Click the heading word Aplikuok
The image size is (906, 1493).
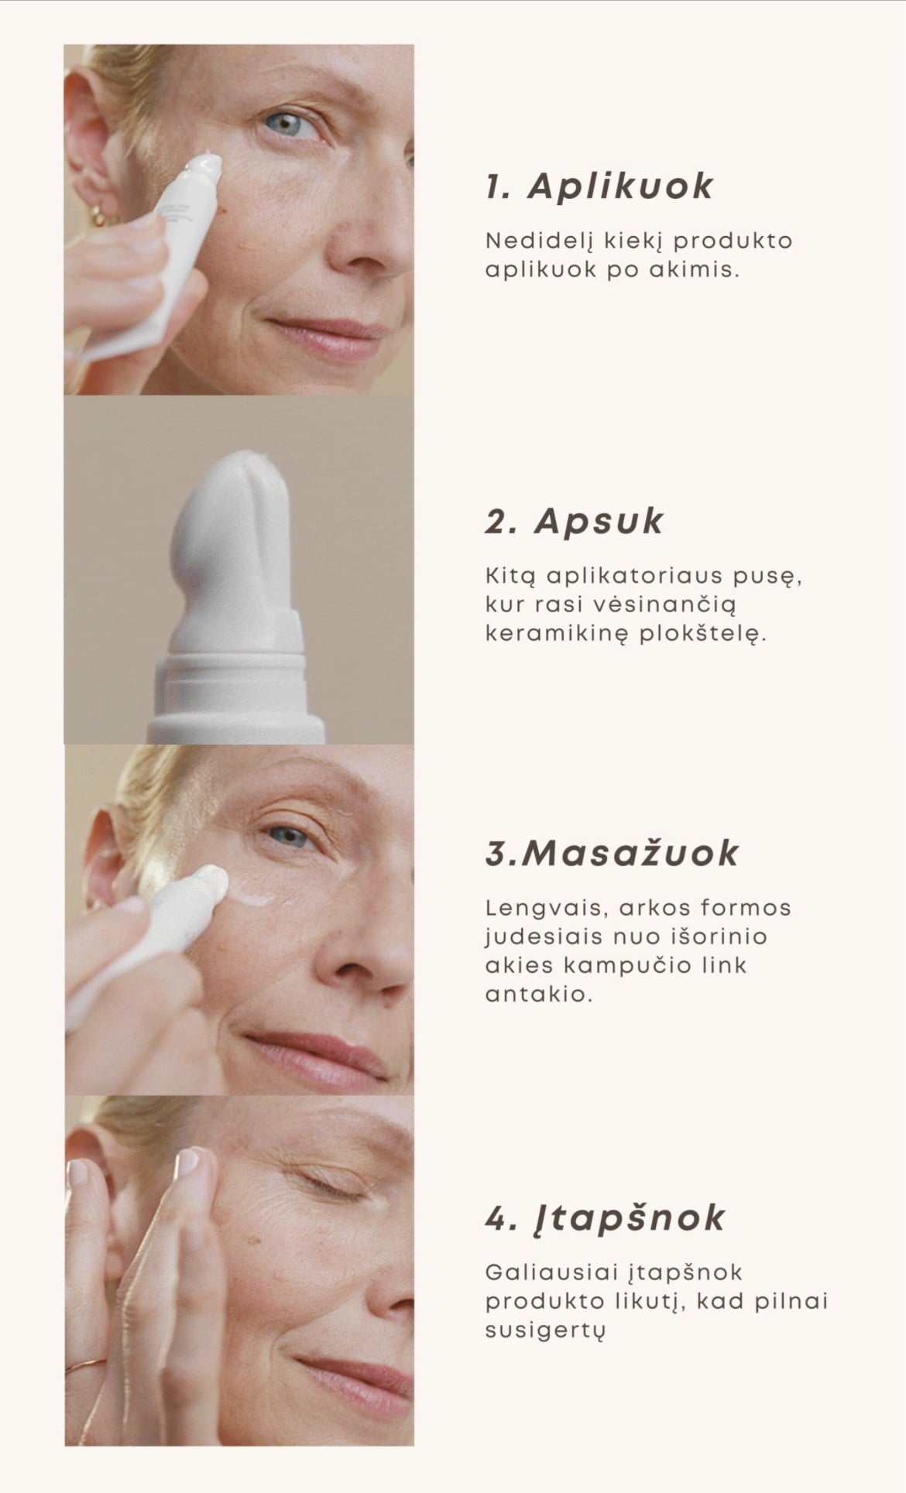coord(620,187)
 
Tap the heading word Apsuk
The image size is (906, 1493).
coord(599,521)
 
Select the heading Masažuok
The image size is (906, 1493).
coord(630,853)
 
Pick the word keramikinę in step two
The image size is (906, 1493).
coord(556,635)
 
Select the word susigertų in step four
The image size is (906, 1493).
coord(544,1330)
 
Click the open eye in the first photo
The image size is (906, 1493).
coord(289,124)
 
